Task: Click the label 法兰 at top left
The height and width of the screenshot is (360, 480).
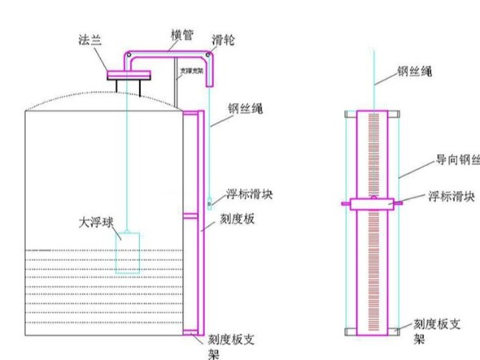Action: [90, 38]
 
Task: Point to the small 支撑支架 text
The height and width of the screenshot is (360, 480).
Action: [190, 70]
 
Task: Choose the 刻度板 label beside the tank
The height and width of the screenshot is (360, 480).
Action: [238, 218]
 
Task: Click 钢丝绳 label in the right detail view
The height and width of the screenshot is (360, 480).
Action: [416, 71]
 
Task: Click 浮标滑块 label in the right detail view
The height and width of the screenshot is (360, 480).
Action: [449, 195]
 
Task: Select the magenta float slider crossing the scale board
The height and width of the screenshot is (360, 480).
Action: [371, 205]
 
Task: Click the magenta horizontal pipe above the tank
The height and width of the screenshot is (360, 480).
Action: [168, 53]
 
